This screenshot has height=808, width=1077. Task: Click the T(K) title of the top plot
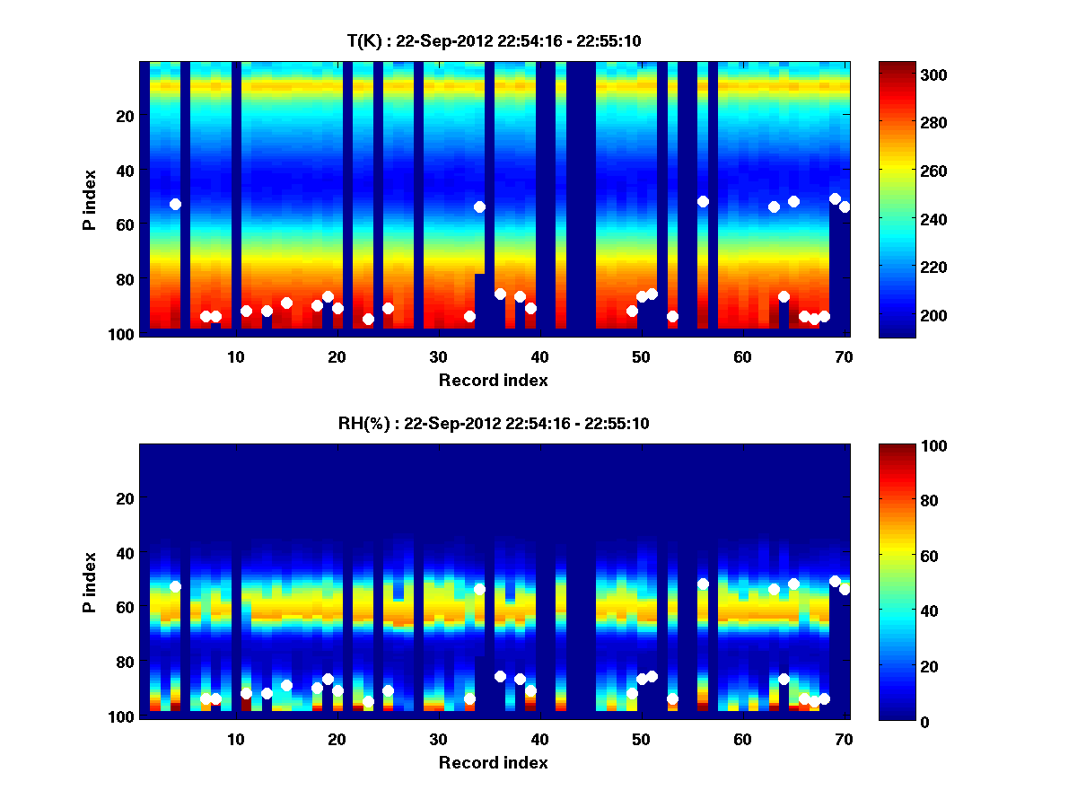pos(493,40)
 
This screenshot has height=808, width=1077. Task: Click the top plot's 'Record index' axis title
pos(493,380)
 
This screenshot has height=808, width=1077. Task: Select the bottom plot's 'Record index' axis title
pos(493,762)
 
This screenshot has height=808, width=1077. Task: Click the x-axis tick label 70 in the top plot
pos(844,356)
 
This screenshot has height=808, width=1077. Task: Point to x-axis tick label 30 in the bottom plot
pos(438,739)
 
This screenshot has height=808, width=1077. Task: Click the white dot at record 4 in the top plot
pos(175,204)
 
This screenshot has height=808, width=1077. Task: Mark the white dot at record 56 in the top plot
pos(703,201)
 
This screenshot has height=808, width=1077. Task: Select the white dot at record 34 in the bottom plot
pos(479,589)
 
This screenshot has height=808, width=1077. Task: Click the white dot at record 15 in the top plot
pos(286,303)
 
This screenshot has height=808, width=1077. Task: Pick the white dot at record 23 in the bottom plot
pos(368,701)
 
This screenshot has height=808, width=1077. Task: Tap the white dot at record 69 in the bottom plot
pos(835,581)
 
